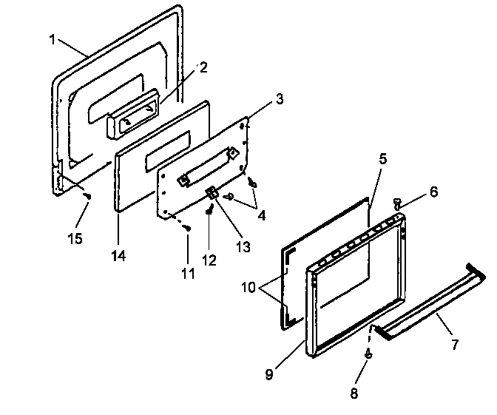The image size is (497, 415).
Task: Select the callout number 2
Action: tap(203, 67)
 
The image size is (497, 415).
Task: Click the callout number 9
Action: tap(270, 374)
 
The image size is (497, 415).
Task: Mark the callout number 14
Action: tap(118, 256)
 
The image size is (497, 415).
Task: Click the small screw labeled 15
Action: tap(88, 196)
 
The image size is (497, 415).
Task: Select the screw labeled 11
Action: tap(189, 228)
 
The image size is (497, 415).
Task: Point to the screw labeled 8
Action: tap(368, 354)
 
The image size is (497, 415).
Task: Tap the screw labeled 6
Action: tap(397, 201)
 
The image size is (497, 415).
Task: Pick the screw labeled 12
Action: tap(210, 209)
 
